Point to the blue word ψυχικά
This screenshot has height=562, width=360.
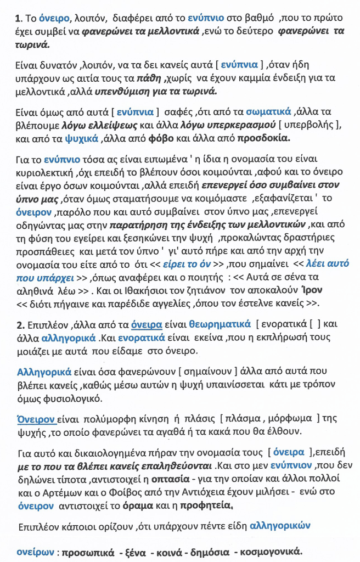pyautogui.click(x=83, y=137)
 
